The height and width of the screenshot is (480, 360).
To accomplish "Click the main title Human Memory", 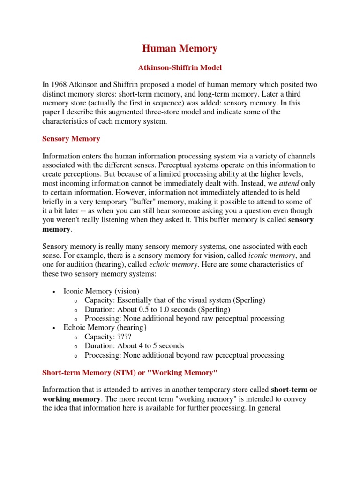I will (x=180, y=48).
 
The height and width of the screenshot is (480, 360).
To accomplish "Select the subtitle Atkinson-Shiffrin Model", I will (x=180, y=68).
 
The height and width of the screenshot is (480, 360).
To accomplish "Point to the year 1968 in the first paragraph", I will (x=60, y=85).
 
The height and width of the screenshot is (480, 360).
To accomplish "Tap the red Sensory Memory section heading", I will (x=71, y=139).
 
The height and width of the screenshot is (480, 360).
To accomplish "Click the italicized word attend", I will (x=289, y=183).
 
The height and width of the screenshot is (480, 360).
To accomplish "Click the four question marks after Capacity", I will (x=122, y=337).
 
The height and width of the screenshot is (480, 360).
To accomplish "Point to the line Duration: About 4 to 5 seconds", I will (x=135, y=346).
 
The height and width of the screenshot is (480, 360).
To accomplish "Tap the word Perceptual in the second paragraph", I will (x=175, y=165).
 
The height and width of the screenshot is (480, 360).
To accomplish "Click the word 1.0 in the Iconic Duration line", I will (x=165, y=309).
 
